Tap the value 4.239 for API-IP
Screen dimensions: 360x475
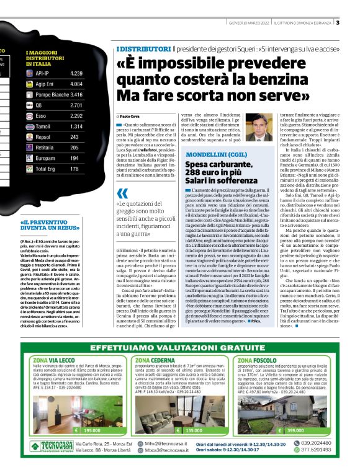[76, 73]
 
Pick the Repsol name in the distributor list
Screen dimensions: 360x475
[43, 136]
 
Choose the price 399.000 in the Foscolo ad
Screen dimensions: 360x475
[295, 430]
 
